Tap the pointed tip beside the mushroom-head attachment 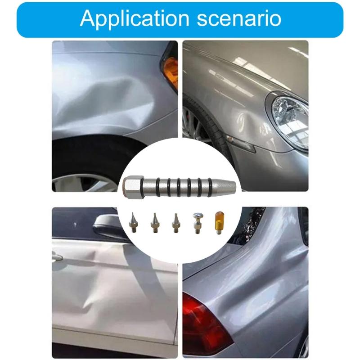[x=175, y=222]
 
